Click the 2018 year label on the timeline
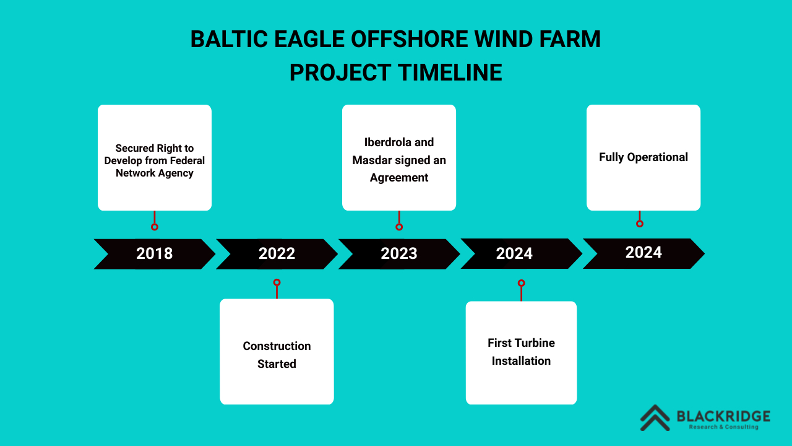click(154, 253)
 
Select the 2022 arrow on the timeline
click(277, 253)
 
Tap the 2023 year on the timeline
click(399, 253)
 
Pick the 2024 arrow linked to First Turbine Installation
click(515, 253)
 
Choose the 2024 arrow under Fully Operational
click(643, 253)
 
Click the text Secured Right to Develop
click(154, 154)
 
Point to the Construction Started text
click(277, 355)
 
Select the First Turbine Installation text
click(521, 352)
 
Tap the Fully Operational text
click(643, 157)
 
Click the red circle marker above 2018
click(154, 227)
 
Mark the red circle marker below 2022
click(277, 282)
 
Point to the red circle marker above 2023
click(399, 227)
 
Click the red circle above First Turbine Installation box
click(521, 283)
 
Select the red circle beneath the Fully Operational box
click(640, 224)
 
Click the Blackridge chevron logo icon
click(655, 418)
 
